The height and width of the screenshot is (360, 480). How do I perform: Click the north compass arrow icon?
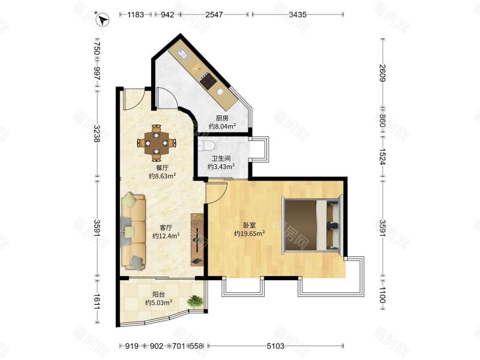coord(102,20)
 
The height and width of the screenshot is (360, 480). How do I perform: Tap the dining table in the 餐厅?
coord(157,143)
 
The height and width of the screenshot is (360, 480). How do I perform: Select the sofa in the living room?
coord(133,232)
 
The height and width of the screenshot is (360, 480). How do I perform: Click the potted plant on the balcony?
coord(194,301)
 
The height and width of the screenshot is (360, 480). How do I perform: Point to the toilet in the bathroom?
coord(206,145)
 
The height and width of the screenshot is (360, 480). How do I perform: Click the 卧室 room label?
coord(249,226)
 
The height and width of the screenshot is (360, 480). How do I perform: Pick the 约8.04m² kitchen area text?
coord(222,126)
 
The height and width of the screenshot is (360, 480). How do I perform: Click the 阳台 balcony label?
coord(158,295)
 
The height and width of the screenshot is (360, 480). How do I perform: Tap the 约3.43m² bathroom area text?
coord(221,167)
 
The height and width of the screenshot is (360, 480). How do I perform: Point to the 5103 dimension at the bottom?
coord(275,346)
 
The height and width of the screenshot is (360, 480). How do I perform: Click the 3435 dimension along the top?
coord(298,14)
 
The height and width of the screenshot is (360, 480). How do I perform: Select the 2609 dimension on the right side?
coord(382,73)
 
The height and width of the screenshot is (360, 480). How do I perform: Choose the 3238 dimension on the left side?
coord(97,133)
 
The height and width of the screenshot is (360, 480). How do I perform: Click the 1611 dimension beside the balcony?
coord(97,301)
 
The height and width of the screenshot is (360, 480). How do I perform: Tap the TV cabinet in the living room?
coord(197,239)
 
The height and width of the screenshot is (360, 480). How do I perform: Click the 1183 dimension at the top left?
coord(136,14)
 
